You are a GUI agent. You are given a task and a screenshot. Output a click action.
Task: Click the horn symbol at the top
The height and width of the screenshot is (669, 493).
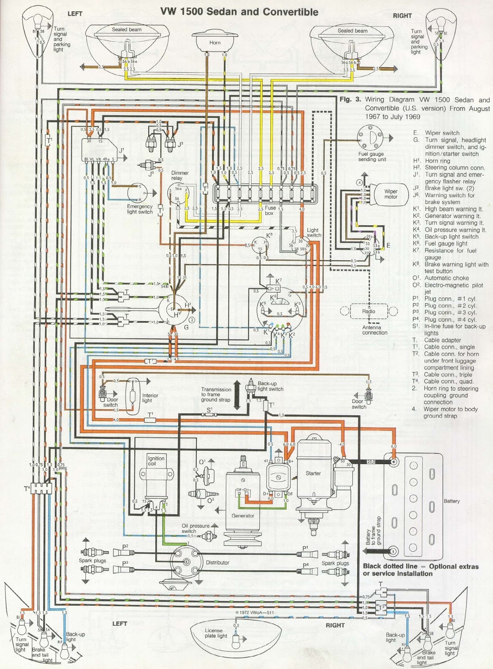point(215,40)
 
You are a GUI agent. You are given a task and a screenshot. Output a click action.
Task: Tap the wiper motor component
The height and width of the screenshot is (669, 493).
point(390,194)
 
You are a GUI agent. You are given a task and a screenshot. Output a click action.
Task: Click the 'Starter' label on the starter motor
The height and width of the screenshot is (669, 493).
point(313,473)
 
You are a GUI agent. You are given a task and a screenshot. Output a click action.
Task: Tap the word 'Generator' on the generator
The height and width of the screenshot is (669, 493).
point(243,516)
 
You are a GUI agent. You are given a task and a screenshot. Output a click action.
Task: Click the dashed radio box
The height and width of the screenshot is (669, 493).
point(369,311)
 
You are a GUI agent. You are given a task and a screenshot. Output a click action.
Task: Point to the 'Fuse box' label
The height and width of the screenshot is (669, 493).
point(270,210)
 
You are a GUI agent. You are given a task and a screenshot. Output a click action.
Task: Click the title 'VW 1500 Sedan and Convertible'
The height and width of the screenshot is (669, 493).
point(239,12)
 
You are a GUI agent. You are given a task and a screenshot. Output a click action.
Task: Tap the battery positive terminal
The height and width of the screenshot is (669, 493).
point(393,462)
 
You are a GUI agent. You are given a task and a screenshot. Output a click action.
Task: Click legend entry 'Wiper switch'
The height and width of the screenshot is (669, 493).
point(442,133)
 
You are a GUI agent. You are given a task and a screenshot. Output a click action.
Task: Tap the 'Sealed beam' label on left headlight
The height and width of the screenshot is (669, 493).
point(126,30)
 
